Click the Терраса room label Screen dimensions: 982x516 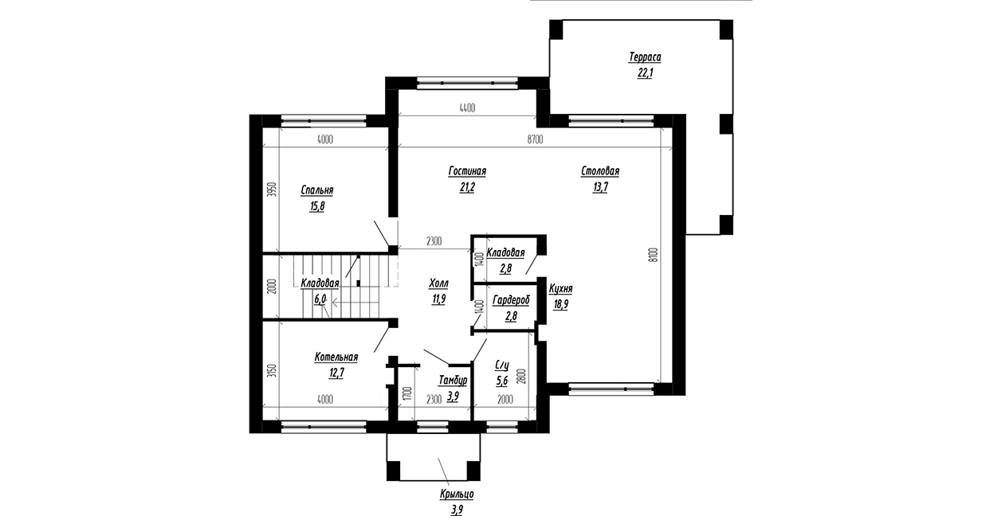pos(645,57)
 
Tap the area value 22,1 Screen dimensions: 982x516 pos(645,73)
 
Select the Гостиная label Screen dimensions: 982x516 pos(467,171)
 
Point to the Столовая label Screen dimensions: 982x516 pos(600,171)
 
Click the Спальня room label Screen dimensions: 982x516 pos(317,190)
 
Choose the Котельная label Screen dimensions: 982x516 pos(336,358)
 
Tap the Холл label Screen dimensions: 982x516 pos(438,283)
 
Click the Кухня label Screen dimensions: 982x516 pos(560,290)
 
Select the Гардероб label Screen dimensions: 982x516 pos(511,300)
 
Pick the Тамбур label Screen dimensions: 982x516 pos(453,381)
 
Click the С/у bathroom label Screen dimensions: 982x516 pos(502,365)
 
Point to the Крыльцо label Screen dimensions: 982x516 pos(457,494)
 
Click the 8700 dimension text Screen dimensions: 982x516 pos(535,139)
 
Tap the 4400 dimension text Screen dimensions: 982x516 pos(467,107)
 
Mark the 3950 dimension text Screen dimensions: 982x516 pos(272,190)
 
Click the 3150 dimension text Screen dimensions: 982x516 pos(272,371)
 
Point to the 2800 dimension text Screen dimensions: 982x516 pos(521,376)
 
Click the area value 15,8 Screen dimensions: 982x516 pos(317,206)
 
